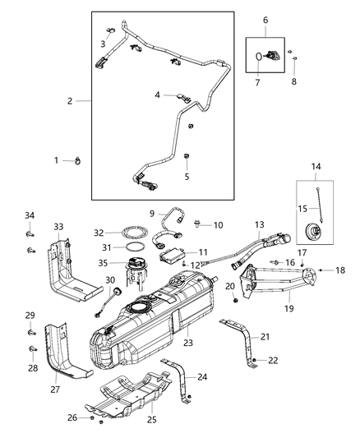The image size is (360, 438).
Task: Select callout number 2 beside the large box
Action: [71, 101]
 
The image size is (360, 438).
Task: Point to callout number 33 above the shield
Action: [58, 227]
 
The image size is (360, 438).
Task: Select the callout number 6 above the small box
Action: [265, 20]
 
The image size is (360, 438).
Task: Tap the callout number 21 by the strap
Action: [265, 337]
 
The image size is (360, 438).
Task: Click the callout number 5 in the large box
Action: [187, 176]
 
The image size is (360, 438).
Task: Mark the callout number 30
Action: [109, 280]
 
